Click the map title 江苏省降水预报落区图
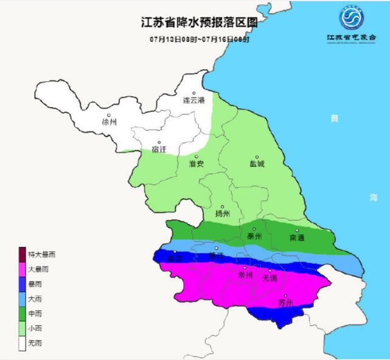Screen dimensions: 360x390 pyautogui.click(x=195, y=22)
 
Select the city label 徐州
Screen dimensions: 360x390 pyautogui.click(x=110, y=122)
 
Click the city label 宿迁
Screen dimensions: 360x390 pyautogui.click(x=158, y=150)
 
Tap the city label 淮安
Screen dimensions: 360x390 pyautogui.click(x=196, y=164)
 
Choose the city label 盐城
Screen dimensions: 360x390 pyautogui.click(x=257, y=164)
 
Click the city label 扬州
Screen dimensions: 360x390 pyautogui.click(x=223, y=213)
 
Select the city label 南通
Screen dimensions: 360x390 pyautogui.click(x=297, y=237)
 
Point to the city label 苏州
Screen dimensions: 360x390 pyautogui.click(x=285, y=302)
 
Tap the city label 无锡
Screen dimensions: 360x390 pyautogui.click(x=270, y=278)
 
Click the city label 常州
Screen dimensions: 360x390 pyautogui.click(x=245, y=275)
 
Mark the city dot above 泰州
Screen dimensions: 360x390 pyautogui.click(x=254, y=229)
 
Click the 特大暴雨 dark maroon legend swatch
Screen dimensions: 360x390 pyautogui.click(x=22, y=255)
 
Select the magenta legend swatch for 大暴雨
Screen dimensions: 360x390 pyautogui.click(x=22, y=269)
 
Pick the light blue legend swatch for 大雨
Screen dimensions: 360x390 pyautogui.click(x=22, y=299)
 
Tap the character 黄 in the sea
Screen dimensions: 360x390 pyautogui.click(x=334, y=119)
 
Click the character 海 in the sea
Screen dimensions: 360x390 pyautogui.click(x=373, y=197)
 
